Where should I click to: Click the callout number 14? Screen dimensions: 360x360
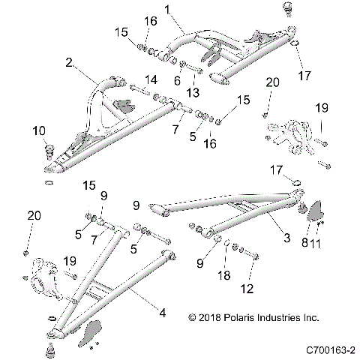click(x=151, y=79)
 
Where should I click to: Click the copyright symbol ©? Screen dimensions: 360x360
click(x=193, y=316)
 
